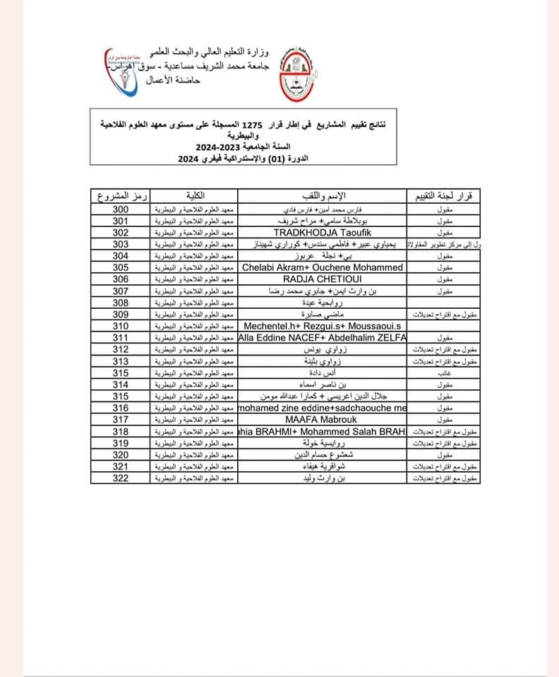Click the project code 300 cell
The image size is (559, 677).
point(121,210)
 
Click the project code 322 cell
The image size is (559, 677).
point(121,478)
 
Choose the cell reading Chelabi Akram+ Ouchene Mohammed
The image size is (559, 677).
point(323,267)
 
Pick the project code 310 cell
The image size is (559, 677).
point(121,327)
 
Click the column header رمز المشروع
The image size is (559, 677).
point(121,195)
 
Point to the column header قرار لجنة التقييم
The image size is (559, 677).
point(442,195)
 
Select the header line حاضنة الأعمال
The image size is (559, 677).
point(174,82)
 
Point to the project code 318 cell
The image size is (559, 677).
point(121,432)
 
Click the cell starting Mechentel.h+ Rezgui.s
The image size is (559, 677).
point(323,327)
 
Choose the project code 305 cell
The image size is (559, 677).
point(121,267)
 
